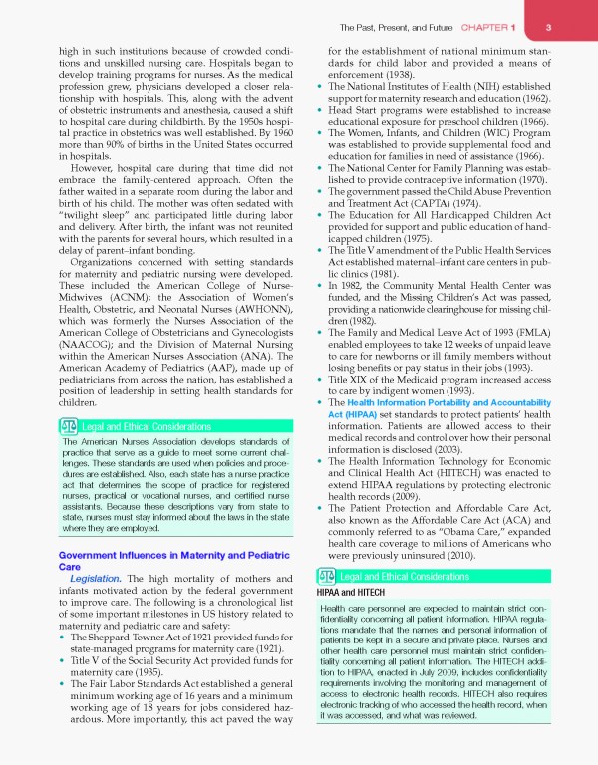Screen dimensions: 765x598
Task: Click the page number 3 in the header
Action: tap(564, 27)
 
